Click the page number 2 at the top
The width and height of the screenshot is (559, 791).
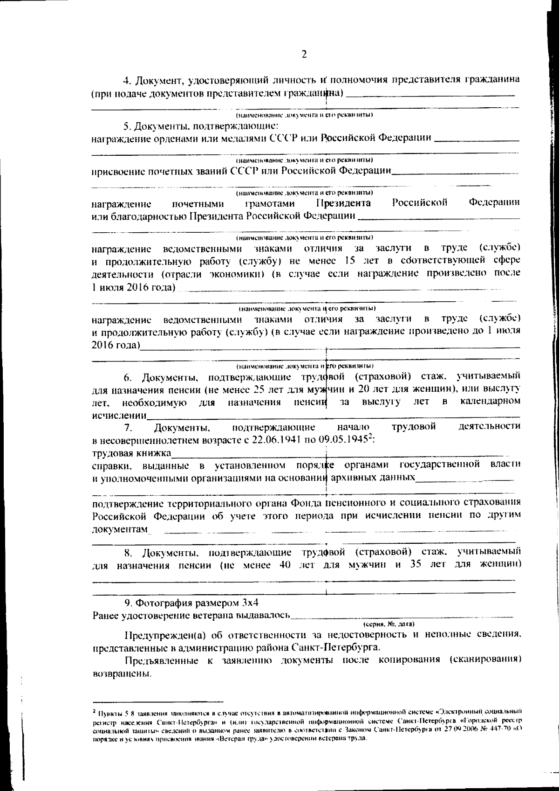tap(304, 55)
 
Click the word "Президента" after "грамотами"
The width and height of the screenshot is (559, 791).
tap(344, 203)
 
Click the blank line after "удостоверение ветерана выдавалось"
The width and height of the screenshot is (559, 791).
tap(401, 616)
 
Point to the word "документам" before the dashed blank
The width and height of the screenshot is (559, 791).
tap(120, 529)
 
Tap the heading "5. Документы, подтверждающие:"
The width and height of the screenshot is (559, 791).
tap(201, 126)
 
